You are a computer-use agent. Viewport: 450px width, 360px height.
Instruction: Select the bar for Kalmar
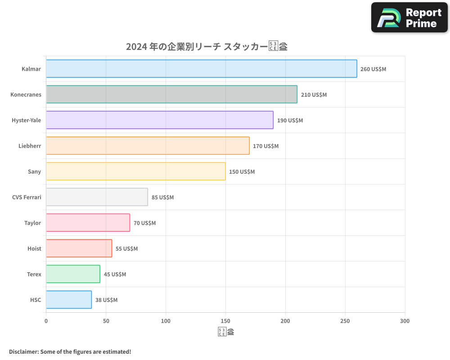(201, 69)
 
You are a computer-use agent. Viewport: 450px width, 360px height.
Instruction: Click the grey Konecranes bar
(171, 94)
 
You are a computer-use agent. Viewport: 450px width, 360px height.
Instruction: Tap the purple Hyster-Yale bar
(159, 120)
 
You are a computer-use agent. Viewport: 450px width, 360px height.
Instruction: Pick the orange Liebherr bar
(148, 146)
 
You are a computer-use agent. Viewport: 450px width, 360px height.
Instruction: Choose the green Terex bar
(73, 274)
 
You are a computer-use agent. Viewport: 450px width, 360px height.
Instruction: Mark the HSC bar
(68, 300)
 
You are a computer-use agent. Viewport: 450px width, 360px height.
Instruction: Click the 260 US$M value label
(373, 69)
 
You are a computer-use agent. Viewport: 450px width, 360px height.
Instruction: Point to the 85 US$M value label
(162, 198)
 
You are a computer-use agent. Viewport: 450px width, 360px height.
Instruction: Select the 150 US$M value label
(242, 172)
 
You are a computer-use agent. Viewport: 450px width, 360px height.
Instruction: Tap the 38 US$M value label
(106, 300)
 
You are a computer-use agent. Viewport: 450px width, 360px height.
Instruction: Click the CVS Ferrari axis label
(27, 197)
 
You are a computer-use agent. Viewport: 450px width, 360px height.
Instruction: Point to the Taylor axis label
(32, 223)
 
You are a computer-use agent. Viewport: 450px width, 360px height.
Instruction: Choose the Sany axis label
(34, 171)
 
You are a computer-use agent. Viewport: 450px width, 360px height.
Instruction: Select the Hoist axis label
(34, 248)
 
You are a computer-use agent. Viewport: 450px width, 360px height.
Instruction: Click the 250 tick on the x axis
(345, 321)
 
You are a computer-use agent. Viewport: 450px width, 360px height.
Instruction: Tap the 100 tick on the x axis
(166, 321)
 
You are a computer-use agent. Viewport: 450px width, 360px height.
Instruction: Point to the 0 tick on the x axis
(46, 321)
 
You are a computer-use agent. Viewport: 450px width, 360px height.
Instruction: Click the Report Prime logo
(409, 18)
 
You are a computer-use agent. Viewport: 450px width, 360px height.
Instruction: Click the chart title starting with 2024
(207, 46)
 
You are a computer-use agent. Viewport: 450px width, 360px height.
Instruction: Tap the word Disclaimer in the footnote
(23, 351)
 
